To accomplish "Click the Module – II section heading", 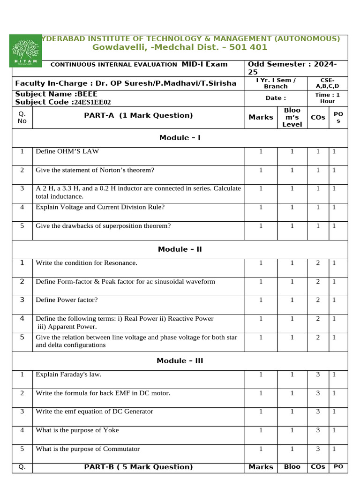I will [180, 249].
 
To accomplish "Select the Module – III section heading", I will [180, 361].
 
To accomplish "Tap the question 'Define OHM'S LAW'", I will [67, 151].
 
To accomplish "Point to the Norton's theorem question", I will [95, 170].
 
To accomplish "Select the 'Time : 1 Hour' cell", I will [328, 98].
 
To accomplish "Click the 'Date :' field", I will [276, 98].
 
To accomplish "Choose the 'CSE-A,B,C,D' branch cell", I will [328, 83].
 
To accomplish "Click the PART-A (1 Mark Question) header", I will [138, 116].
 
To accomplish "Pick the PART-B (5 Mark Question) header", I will [138, 467].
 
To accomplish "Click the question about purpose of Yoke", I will [77, 430].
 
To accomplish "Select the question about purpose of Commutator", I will [88, 449].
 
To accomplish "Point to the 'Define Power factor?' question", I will [67, 300].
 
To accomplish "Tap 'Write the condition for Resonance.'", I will [87, 263].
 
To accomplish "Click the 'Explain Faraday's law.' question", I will [68, 375].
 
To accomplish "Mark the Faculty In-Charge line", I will [123, 83].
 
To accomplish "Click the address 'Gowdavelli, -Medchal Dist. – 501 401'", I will [180, 47].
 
